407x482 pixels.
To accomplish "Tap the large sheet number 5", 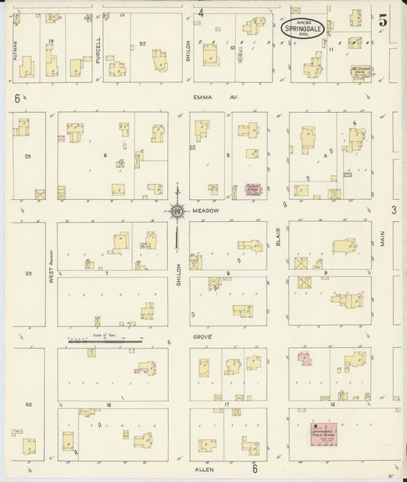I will coord(383,20).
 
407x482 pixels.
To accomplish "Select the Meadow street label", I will coord(205,210).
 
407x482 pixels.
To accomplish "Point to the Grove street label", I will coord(202,336).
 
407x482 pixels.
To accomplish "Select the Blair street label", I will coord(279,237).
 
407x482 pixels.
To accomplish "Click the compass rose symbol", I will coord(176,211).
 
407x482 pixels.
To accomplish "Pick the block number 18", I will coord(108,404).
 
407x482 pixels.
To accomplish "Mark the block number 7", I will coord(107,272).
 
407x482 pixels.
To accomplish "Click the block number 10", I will coord(232,48).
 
